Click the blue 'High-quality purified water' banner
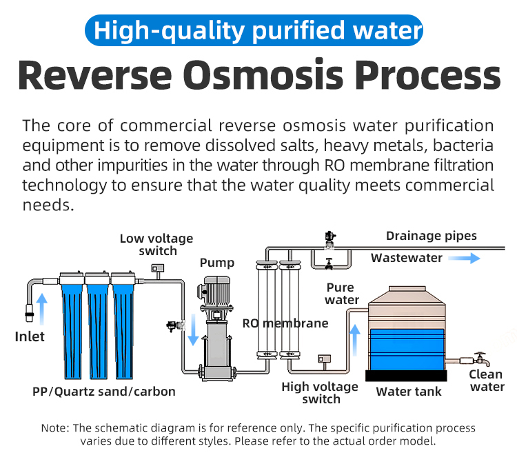254,30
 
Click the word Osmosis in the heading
265,75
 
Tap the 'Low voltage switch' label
156,244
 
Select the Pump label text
217,263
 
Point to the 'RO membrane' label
285,323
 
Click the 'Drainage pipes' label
432,236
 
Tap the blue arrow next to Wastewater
464,259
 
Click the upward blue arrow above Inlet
41,309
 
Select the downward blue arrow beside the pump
193,330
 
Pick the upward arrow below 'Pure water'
355,340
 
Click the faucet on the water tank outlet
482,359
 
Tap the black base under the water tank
406,376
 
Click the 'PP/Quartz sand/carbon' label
104,392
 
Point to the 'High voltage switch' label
320,393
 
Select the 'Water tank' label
409,392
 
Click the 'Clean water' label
487,381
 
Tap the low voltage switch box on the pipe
158,268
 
